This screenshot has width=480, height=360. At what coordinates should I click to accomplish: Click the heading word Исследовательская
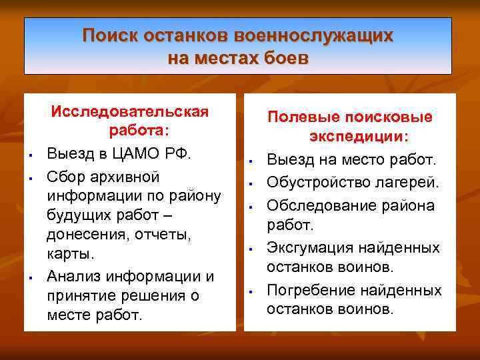130,111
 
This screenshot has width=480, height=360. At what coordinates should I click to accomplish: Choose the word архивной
123,177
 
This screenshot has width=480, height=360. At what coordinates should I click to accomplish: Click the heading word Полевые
299,117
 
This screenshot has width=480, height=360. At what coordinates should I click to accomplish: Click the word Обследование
324,205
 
